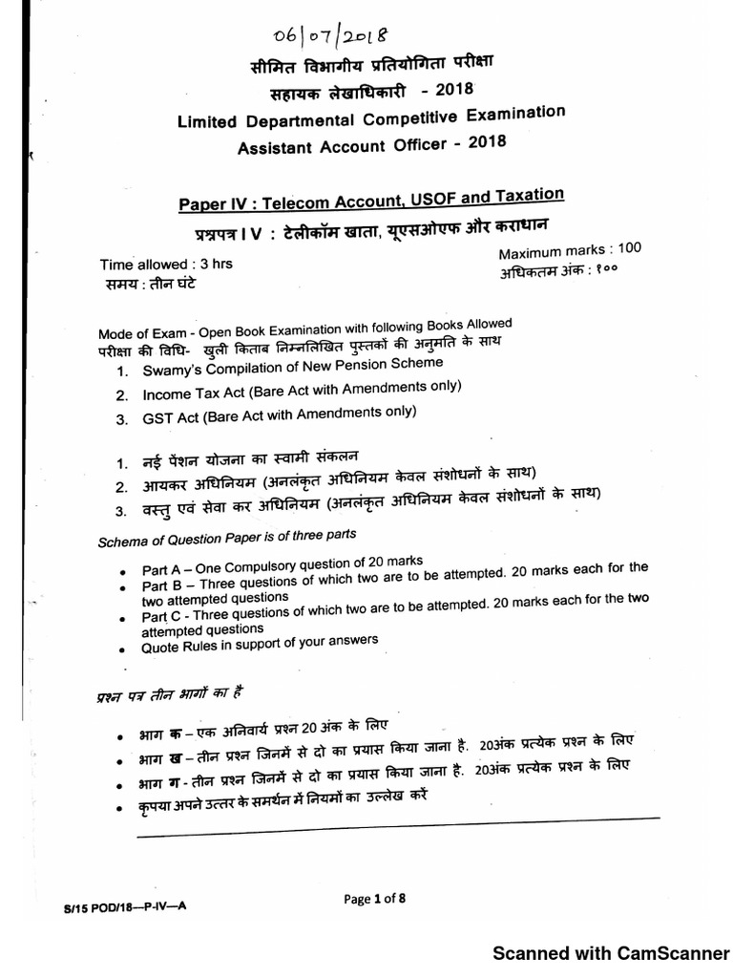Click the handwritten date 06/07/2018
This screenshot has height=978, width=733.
pos(325,36)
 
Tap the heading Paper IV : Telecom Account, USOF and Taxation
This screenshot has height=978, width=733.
pos(372,201)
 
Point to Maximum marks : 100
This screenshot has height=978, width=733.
pos(571,251)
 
